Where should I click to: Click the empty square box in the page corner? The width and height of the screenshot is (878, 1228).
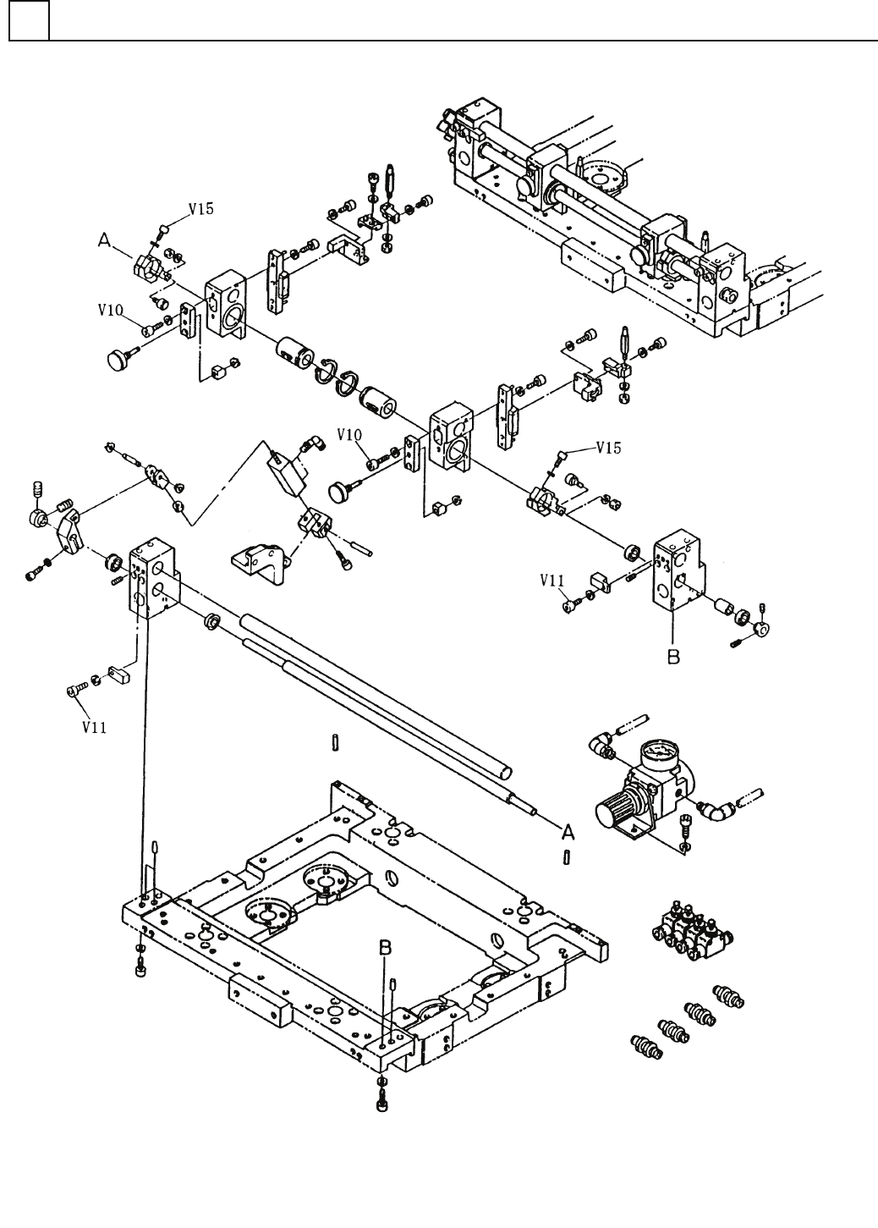(29, 20)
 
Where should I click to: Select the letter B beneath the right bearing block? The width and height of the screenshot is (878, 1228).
(673, 656)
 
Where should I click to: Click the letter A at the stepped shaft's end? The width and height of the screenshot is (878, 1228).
(568, 834)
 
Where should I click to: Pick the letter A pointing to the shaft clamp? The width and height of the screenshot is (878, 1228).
(104, 240)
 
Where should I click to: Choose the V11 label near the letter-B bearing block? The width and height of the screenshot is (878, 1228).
(551, 580)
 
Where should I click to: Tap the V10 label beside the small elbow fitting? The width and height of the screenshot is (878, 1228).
(349, 435)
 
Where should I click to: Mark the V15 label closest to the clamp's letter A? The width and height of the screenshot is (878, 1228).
(201, 209)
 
